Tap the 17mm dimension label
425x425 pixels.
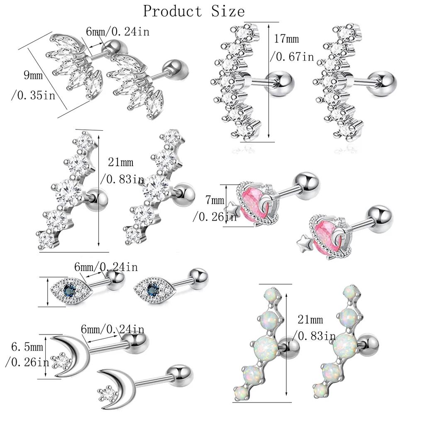click(x=286, y=39)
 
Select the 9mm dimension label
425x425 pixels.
click(x=33, y=76)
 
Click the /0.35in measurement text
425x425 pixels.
click(x=33, y=96)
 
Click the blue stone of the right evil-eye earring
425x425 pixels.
click(x=153, y=287)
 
